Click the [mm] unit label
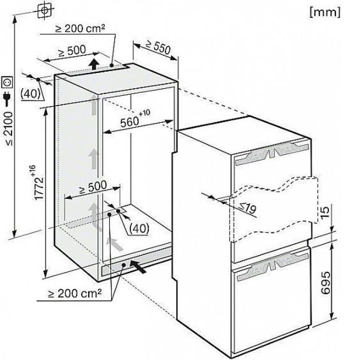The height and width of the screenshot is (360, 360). (325, 12)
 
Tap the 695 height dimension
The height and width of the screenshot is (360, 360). (326, 283)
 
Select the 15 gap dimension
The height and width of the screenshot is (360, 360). (325, 212)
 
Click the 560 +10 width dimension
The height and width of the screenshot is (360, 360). (135, 119)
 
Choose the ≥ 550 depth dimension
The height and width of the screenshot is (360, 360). (159, 48)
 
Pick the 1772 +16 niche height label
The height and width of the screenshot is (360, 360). (38, 183)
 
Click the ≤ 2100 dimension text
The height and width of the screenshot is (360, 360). (9, 129)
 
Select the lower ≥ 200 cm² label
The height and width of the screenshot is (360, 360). (75, 293)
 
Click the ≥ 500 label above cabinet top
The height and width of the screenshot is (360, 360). (72, 51)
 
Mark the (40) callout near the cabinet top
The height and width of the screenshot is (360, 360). (30, 94)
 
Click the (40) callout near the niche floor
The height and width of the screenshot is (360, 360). (139, 228)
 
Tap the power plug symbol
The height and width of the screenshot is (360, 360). (7, 99)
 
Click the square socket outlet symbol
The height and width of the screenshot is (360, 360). (7, 83)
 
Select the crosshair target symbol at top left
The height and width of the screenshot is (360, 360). (45, 10)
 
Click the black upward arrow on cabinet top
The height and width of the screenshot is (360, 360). (94, 63)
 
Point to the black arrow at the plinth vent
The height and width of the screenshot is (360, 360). (138, 266)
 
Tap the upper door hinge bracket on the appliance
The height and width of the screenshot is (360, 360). (272, 153)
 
